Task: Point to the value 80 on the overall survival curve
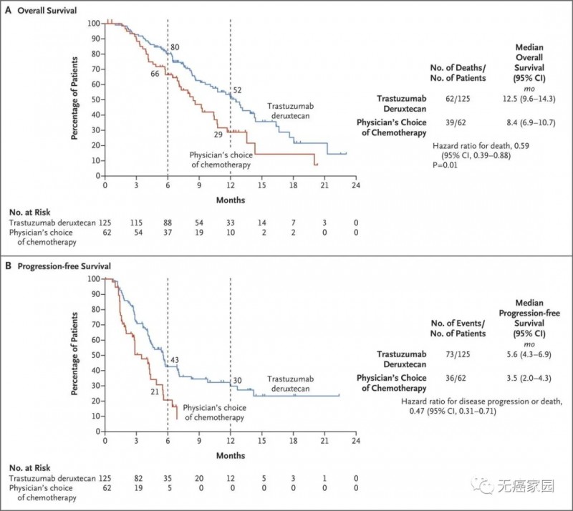tap(174, 47)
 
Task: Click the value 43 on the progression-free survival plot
tap(174, 359)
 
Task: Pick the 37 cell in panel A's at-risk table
tap(168, 235)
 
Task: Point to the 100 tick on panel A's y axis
tap(94, 23)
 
